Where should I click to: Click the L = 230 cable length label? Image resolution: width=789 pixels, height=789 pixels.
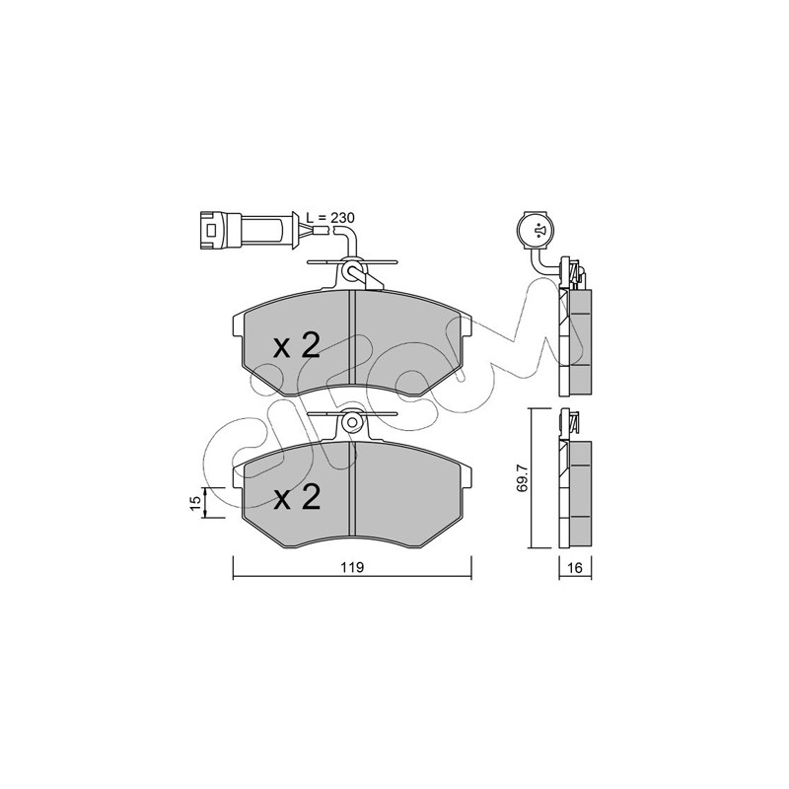pyautogui.click(x=330, y=217)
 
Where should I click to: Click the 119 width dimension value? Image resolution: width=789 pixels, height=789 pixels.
pyautogui.click(x=352, y=567)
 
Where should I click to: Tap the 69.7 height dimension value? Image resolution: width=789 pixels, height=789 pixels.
pyautogui.click(x=523, y=477)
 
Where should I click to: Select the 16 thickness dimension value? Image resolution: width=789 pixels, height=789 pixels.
pyautogui.click(x=575, y=568)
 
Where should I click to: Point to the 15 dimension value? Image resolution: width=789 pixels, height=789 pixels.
pyautogui.click(x=196, y=502)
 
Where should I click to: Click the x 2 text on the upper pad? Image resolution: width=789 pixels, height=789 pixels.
pyautogui.click(x=297, y=347)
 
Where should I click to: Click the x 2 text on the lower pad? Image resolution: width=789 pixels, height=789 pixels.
pyautogui.click(x=297, y=498)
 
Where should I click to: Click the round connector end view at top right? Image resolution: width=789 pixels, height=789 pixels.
pyautogui.click(x=538, y=231)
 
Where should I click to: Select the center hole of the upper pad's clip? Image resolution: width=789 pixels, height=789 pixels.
pyautogui.click(x=352, y=271)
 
